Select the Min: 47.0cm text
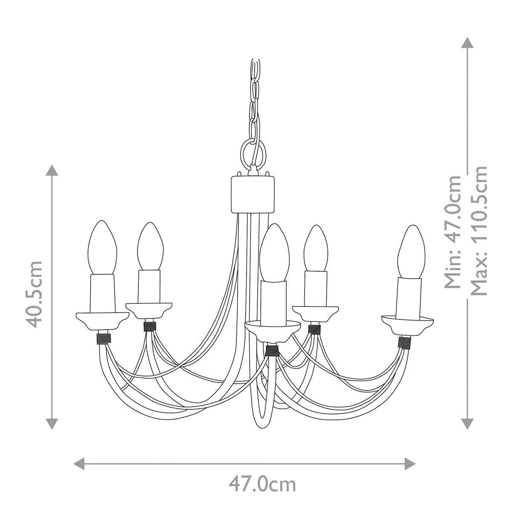point(452,232)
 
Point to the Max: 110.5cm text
point(479,230)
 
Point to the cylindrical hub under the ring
point(253,194)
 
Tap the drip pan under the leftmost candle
point(102,320)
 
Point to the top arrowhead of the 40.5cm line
point(52,170)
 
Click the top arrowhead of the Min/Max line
point(468,43)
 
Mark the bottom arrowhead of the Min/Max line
point(468,423)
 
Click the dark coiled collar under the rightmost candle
point(405,342)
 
